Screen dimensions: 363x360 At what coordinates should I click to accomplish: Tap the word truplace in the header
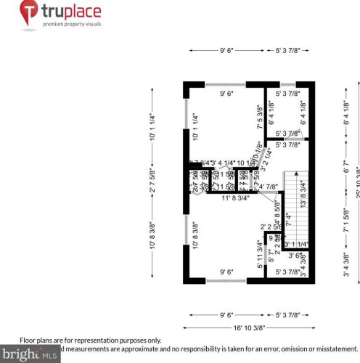pos(71,11)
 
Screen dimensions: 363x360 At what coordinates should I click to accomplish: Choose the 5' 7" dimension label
pos(270,256)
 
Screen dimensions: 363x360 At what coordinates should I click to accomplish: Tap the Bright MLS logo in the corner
pos(29,354)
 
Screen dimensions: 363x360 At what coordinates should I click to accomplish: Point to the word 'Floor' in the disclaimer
pos(28,340)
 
